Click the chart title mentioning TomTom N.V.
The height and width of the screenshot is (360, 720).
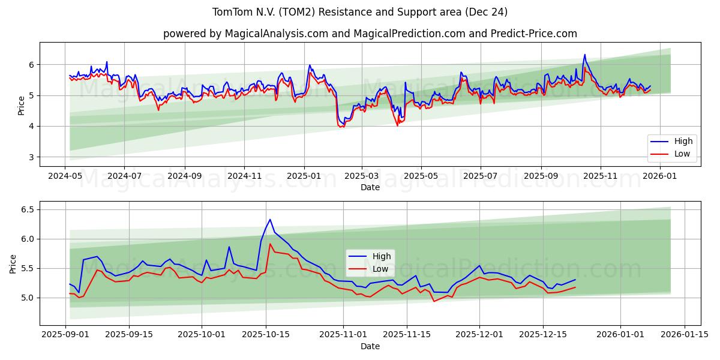[360, 12]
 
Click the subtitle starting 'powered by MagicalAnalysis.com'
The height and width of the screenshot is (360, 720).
[370, 34]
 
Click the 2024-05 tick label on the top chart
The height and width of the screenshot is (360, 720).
[65, 176]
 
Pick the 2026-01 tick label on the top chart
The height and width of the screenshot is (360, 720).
[659, 176]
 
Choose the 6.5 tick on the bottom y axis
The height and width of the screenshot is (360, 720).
[28, 209]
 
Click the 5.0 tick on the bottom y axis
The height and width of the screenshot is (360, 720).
[28, 298]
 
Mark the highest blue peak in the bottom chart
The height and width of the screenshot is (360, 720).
[270, 220]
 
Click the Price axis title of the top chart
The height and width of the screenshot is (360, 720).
[22, 105]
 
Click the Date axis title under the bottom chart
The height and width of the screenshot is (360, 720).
[370, 347]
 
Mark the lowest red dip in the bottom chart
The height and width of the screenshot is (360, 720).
[434, 301]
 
